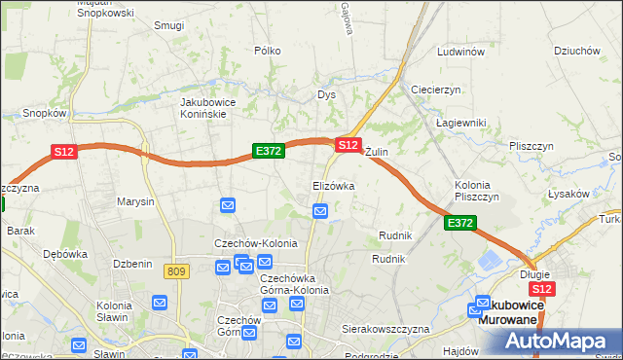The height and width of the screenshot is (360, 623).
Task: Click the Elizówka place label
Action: [333, 185]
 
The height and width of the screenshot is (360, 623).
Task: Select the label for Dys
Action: [326, 94]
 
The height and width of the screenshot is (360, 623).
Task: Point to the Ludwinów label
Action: [460, 52]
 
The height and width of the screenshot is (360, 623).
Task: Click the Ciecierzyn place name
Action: [435, 89]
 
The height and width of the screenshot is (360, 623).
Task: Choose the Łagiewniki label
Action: [460, 122]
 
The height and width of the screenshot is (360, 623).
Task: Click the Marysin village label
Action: [135, 202]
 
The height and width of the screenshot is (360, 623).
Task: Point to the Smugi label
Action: [168, 25]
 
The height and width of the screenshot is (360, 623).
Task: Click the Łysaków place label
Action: [568, 194]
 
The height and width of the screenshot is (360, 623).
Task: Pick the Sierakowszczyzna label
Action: [385, 329]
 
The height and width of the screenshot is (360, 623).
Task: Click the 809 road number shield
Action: [176, 271]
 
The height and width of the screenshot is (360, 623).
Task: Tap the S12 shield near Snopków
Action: [64, 152]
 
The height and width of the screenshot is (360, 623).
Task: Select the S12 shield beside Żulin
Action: [348, 144]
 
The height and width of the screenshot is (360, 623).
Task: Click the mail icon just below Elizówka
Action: [320, 211]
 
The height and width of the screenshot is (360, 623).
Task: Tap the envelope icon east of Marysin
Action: [227, 205]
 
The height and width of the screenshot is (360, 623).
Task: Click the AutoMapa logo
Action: [558, 342]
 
